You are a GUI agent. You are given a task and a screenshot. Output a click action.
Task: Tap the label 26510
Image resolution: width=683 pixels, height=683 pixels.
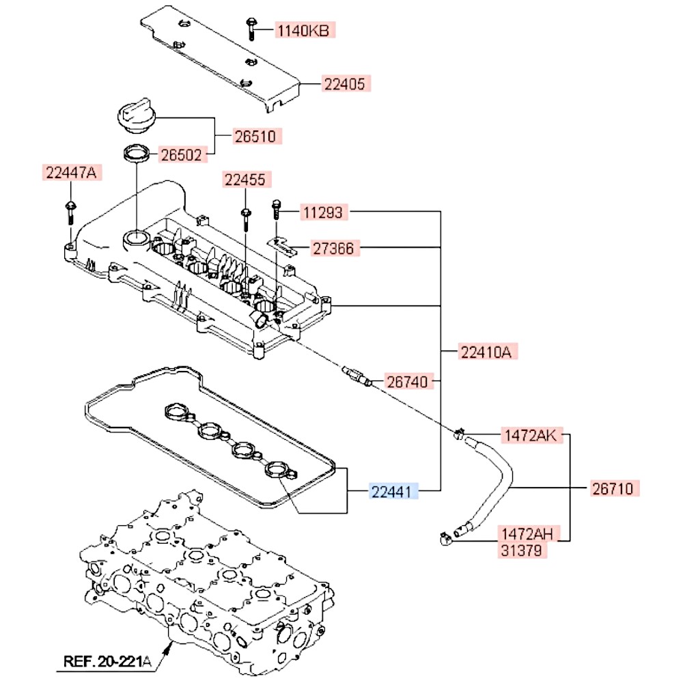coord(255,136)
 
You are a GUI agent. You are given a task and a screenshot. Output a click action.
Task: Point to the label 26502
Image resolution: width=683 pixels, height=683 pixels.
coord(181,155)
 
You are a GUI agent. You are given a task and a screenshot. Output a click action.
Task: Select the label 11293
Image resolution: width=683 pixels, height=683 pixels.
coord(324,213)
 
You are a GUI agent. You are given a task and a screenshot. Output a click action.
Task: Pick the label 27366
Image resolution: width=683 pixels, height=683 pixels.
coord(333,248)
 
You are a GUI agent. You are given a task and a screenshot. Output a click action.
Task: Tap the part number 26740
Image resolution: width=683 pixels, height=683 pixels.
coord(409,382)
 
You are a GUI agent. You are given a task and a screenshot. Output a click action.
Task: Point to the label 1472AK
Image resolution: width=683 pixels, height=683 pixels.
coord(531,434)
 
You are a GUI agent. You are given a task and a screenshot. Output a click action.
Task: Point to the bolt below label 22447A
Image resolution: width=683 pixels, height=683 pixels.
coord(70,211)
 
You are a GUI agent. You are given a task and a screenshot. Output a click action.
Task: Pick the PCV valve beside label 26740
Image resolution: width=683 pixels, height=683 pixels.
coord(355,375)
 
